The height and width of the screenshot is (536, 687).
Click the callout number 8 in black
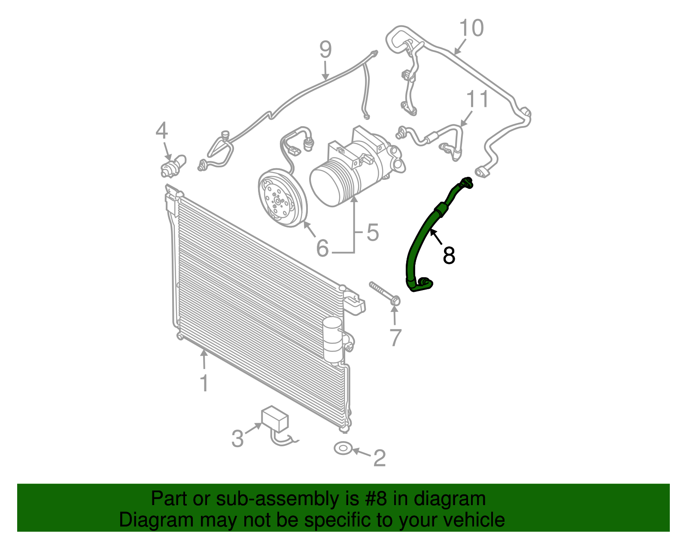click(449, 256)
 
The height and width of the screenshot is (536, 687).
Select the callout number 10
click(471, 28)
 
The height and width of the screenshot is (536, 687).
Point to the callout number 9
click(325, 50)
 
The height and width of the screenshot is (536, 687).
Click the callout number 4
click(161, 130)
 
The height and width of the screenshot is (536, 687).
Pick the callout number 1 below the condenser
click(204, 383)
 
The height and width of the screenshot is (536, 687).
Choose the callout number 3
click(237, 439)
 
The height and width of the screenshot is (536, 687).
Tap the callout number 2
click(379, 458)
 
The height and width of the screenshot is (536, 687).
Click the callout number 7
click(395, 337)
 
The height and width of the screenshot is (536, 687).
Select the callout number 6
click(322, 248)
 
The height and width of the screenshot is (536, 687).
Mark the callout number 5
click(373, 233)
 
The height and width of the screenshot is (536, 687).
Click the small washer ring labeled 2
click(343, 448)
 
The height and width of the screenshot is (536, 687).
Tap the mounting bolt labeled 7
click(384, 294)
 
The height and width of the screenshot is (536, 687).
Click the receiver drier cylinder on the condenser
click(332, 339)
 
